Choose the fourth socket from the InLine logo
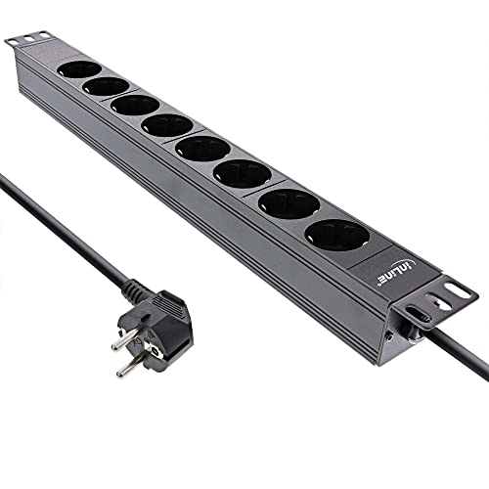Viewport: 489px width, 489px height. (203, 149)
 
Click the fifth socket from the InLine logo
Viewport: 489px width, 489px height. (167, 125)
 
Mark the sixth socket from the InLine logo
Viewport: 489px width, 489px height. (135, 105)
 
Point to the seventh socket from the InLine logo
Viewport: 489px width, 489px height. (106, 86)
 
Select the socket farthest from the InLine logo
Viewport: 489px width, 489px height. (79, 69)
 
